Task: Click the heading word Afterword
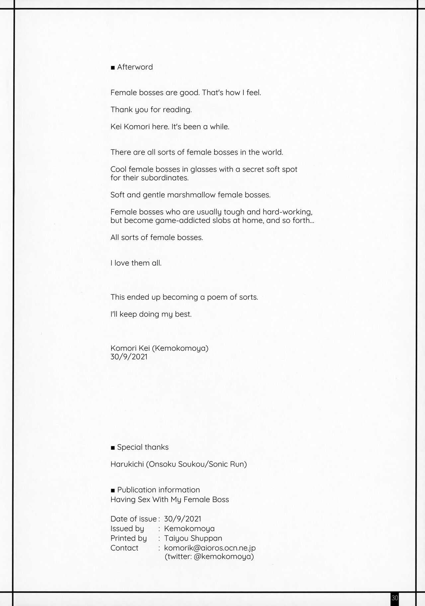coord(135,67)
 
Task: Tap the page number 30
coord(394,598)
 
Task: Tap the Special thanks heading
coord(143,447)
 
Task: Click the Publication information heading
coord(158,490)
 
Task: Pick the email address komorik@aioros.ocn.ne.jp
coord(210,548)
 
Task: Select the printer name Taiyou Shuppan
coord(193,538)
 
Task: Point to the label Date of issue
coord(133,519)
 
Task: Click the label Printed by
coord(128,538)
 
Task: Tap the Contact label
coord(124,548)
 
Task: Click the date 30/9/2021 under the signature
coord(129,357)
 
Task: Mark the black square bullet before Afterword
coord(113,68)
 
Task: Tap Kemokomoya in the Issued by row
coord(189,529)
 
